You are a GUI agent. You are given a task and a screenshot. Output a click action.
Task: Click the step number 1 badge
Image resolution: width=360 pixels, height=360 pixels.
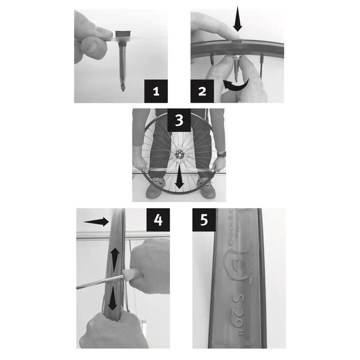click(156, 91)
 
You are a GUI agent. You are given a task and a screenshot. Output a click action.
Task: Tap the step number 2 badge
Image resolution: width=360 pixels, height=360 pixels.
click(202, 91)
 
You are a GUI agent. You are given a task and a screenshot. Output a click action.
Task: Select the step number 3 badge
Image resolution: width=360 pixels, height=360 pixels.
click(179, 120)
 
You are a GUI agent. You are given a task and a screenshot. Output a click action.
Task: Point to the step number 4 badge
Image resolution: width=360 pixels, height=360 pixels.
click(158, 220)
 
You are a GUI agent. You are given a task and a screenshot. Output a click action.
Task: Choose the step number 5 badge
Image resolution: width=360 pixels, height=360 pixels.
click(204, 220)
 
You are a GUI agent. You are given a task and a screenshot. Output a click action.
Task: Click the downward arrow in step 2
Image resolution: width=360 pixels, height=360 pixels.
click(238, 19)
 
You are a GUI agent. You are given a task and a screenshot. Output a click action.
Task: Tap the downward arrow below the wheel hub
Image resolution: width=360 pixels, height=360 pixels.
click(180, 179)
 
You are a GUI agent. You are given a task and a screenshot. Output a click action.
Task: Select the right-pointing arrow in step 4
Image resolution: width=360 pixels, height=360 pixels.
click(96, 221)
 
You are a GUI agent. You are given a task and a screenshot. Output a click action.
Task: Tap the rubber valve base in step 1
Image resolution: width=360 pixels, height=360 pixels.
click(123, 34)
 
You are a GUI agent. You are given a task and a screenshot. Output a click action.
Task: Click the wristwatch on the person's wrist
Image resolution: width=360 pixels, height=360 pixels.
click(221, 154)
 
